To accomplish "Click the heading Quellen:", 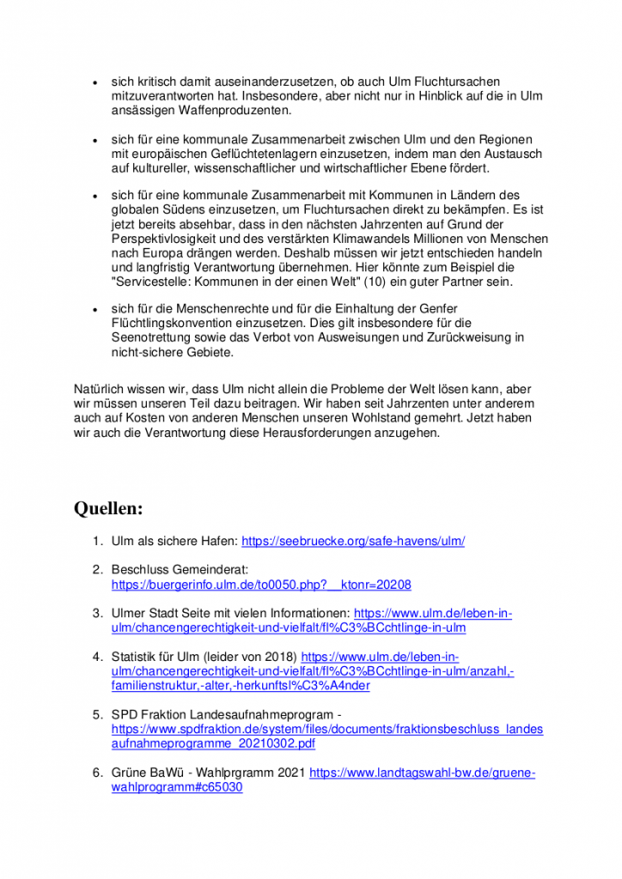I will point(108,509).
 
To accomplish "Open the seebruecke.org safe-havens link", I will point(353,542).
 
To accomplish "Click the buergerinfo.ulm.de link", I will point(261,585).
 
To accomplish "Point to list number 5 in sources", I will point(97,714).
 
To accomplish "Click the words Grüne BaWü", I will point(146,773).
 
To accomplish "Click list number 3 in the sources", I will point(97,613).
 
